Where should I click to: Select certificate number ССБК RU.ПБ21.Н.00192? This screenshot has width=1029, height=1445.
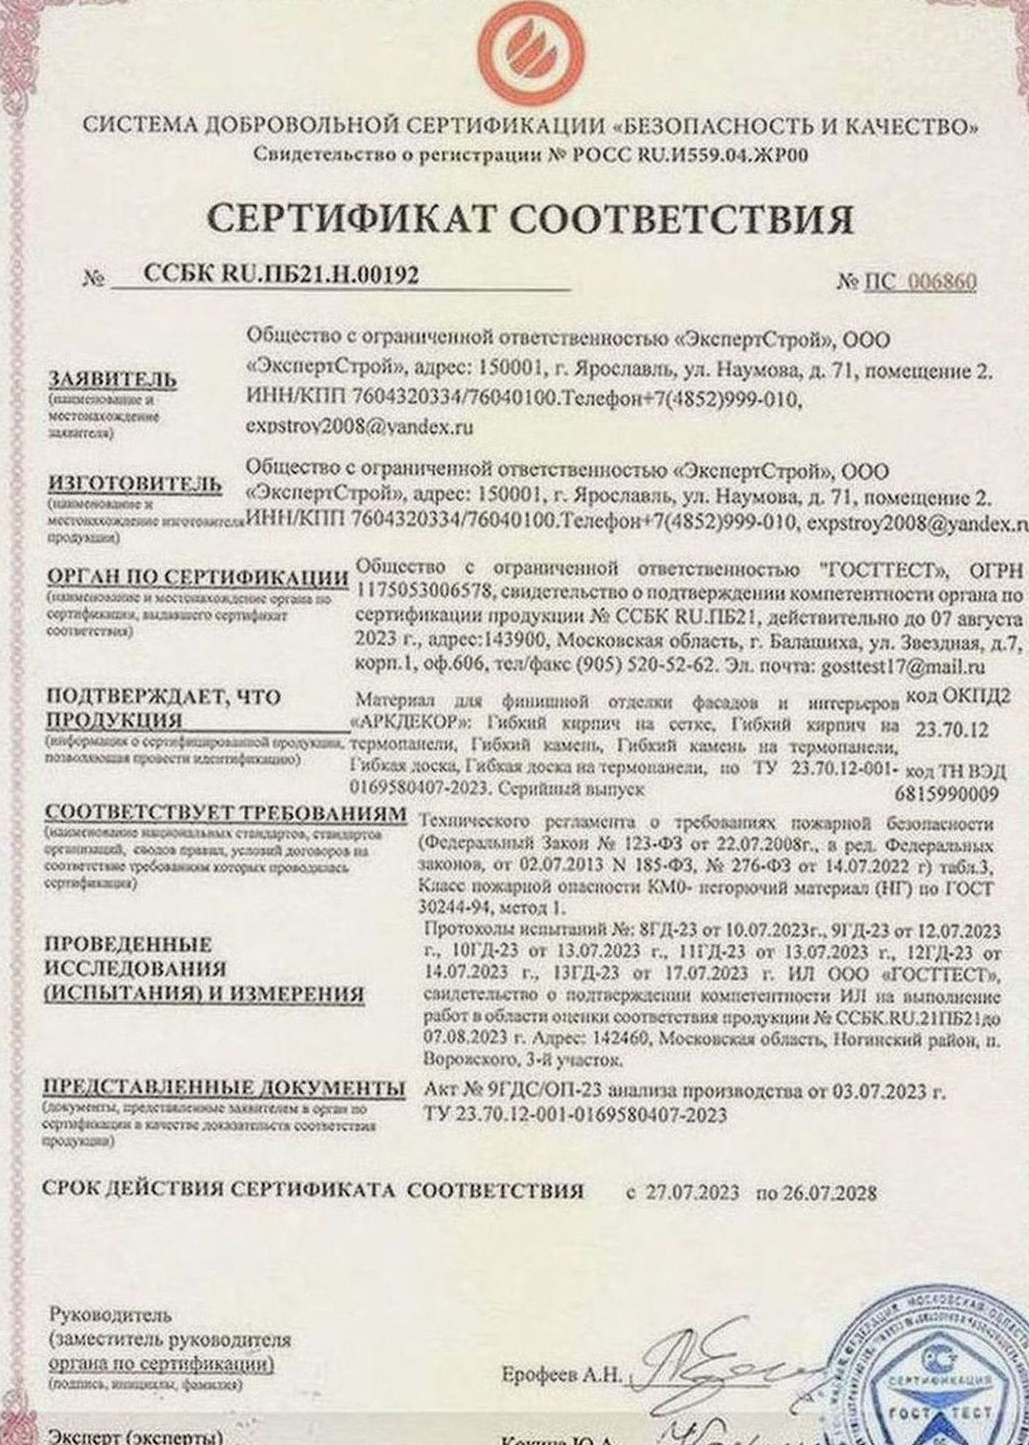click(281, 276)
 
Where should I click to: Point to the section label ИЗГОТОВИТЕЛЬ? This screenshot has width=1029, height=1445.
click(135, 484)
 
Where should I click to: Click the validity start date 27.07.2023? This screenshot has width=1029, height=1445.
click(693, 1193)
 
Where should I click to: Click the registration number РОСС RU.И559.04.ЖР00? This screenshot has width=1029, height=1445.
click(689, 154)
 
